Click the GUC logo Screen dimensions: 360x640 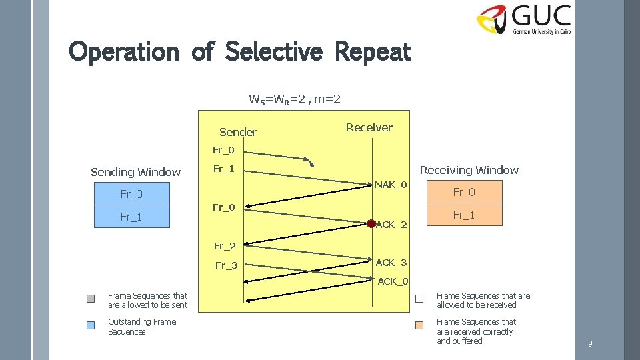point(523,20)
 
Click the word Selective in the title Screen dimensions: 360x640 point(274,51)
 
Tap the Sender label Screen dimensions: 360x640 point(237,132)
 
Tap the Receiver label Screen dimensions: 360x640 point(369,127)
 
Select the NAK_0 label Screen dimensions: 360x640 point(391,184)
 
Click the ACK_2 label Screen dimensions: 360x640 point(391,225)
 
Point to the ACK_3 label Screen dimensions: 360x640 point(391,263)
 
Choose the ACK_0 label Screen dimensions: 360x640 point(393,281)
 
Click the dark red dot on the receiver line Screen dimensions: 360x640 point(371,223)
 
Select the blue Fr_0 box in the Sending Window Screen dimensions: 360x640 point(131,194)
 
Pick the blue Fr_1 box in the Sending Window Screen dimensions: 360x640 point(131,217)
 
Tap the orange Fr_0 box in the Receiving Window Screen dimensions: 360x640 point(464,192)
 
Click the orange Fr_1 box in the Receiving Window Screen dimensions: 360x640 point(464,215)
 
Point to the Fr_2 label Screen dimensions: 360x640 point(225,246)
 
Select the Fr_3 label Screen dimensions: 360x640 point(226,266)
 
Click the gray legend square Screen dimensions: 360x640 point(91,299)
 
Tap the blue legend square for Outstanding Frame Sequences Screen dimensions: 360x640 point(91,325)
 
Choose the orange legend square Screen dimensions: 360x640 point(419,325)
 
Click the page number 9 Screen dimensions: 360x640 point(590,344)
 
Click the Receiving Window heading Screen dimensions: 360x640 point(469,170)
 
